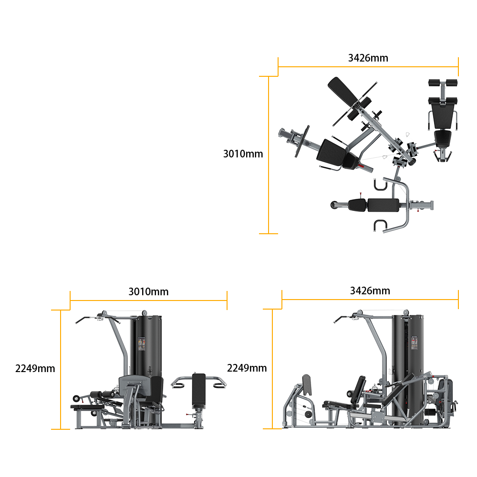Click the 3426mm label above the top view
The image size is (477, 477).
click(368, 58)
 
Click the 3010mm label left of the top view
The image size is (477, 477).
click(243, 154)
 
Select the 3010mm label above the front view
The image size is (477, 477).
click(148, 291)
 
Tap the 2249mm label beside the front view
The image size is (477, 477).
click(35, 368)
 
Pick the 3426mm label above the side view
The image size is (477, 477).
click(370, 290)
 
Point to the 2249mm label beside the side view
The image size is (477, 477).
click(247, 368)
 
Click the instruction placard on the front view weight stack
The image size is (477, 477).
click(142, 344)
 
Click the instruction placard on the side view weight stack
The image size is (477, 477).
click(415, 343)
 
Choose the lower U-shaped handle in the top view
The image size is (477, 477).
click(380, 226)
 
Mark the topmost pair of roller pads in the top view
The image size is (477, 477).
click(443, 83)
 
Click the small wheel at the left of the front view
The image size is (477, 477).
click(76, 398)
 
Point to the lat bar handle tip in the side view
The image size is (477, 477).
click(335, 322)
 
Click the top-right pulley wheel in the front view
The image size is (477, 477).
click(144, 313)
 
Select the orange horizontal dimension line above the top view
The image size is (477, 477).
click(368, 67)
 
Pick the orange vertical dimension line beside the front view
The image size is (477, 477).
click(61, 370)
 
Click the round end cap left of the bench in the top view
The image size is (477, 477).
click(334, 205)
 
